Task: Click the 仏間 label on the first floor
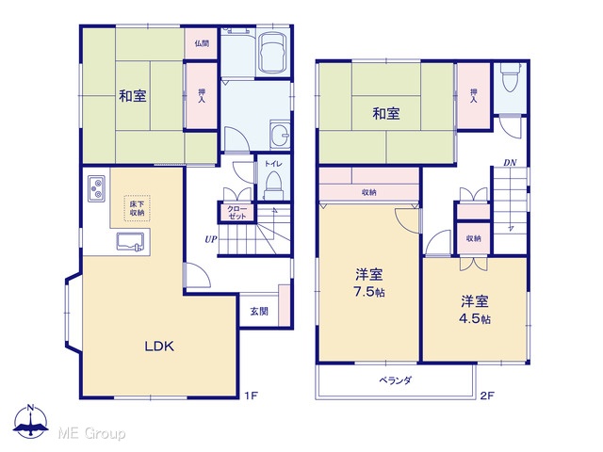(x=202, y=43)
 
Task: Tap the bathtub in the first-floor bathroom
(x=272, y=54)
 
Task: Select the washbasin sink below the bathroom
(x=280, y=134)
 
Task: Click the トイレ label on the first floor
(x=273, y=164)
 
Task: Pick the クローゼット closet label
(x=236, y=213)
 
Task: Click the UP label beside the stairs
(x=211, y=239)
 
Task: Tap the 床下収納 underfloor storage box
(x=137, y=208)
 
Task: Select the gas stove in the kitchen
(x=96, y=188)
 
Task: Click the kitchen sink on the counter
(x=130, y=242)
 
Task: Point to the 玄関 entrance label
(x=259, y=312)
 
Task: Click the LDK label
(x=159, y=347)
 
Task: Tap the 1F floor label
(x=251, y=395)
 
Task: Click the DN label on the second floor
(x=510, y=163)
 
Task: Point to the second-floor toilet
(x=510, y=77)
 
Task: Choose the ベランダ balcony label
(x=396, y=380)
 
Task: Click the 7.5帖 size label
(x=369, y=292)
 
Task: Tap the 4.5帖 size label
(x=475, y=318)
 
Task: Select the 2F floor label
(x=487, y=395)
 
